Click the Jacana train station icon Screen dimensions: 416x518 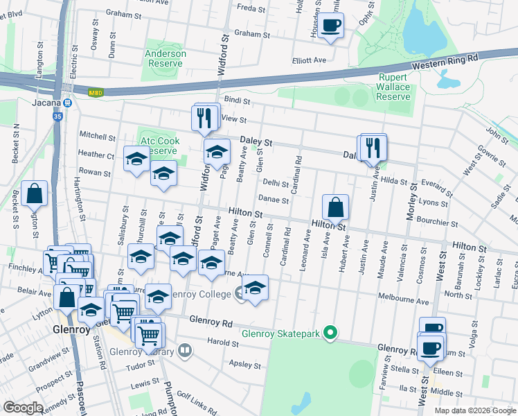coord(67,103)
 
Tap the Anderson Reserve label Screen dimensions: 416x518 coord(166,58)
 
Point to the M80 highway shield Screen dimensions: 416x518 coord(96,91)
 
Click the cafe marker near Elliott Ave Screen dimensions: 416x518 coord(330,26)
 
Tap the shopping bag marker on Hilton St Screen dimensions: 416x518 coord(335,207)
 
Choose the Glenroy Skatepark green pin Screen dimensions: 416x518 coord(330,333)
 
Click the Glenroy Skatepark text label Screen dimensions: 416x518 coord(280,333)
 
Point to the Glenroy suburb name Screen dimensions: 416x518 coord(70,330)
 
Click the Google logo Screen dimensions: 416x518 coord(23,408)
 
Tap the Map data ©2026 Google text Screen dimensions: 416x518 coord(474,410)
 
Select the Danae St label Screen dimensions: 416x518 coord(273,200)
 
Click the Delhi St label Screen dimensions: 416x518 coord(275,182)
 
